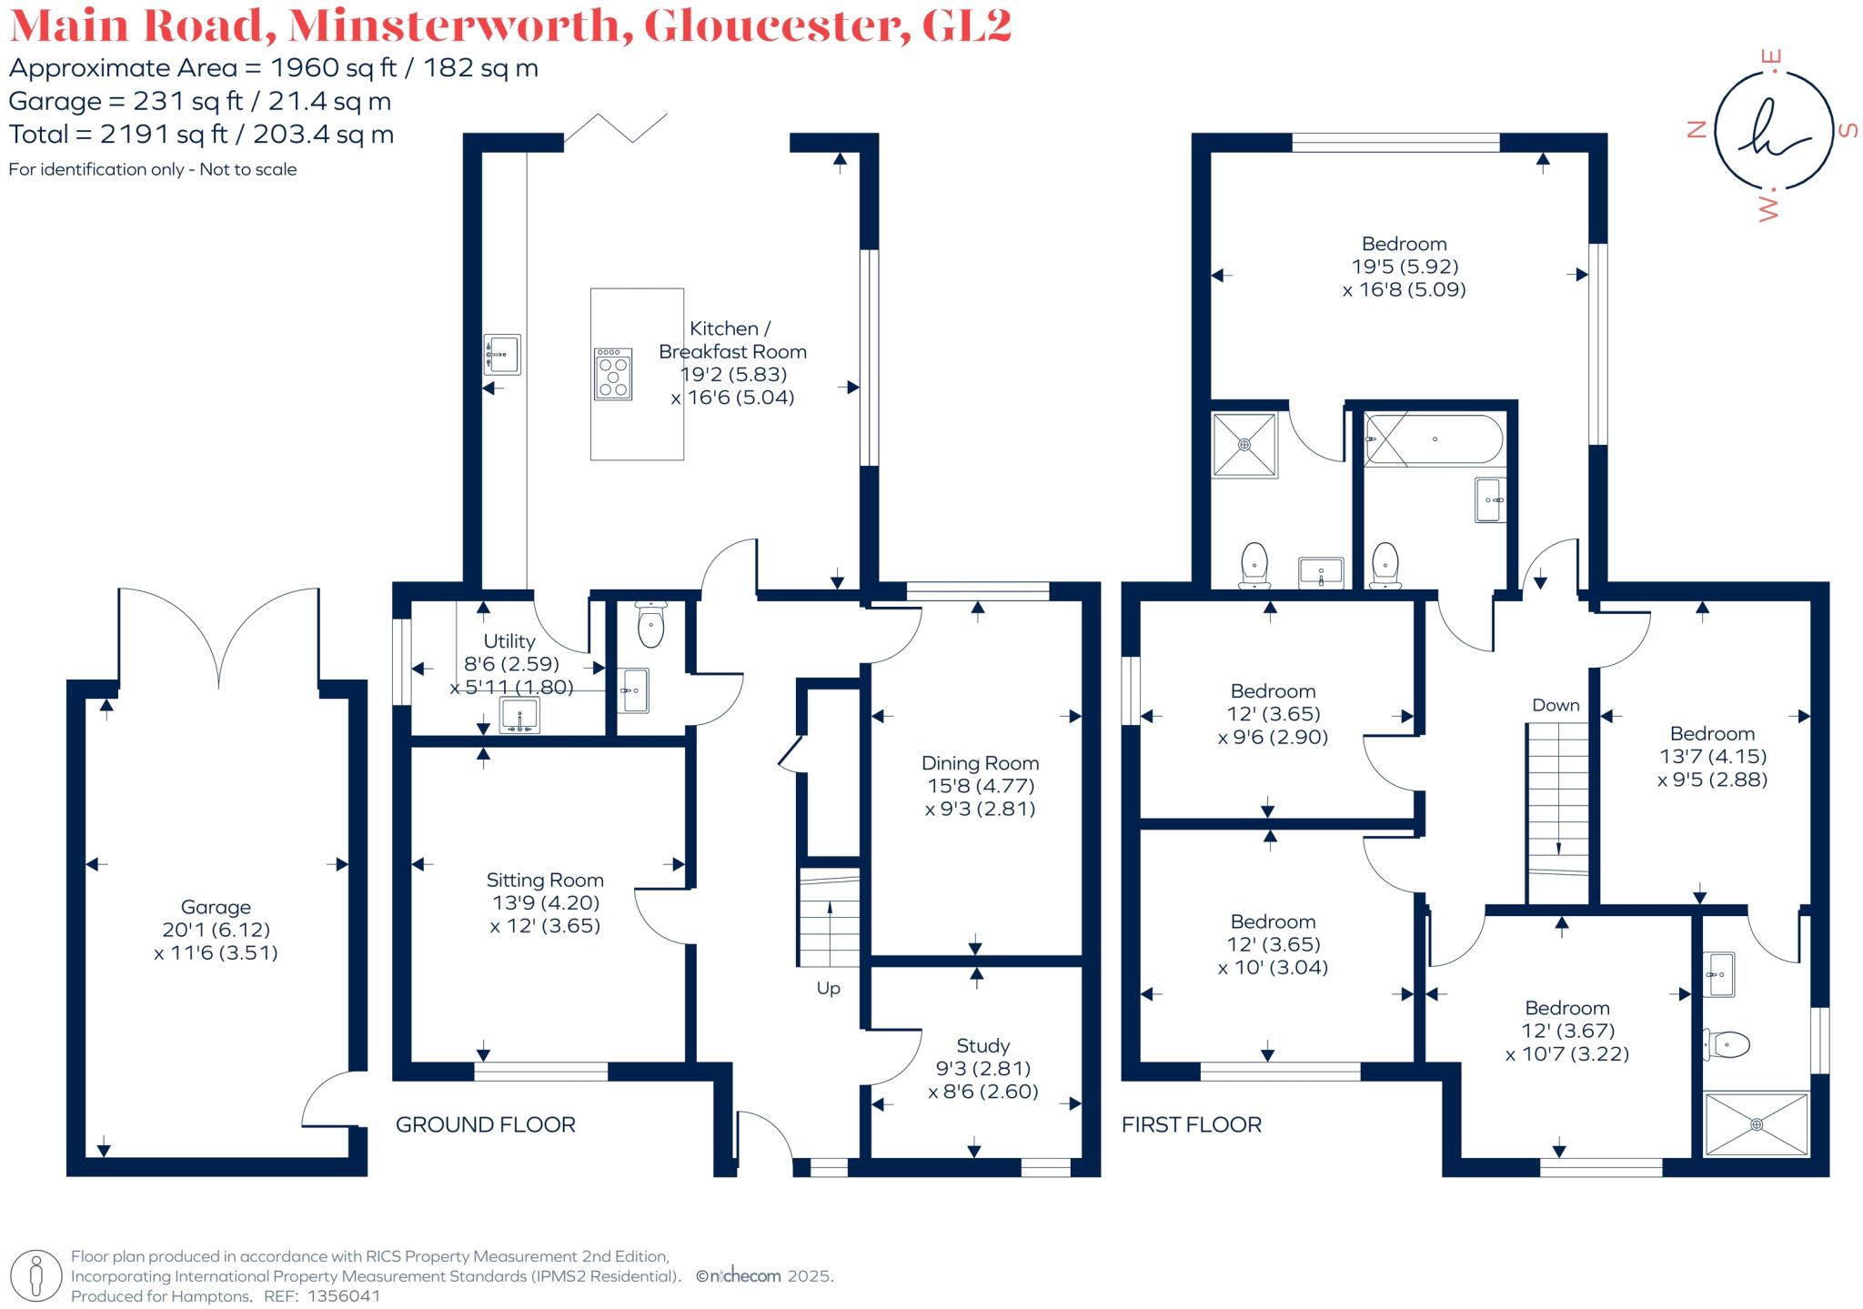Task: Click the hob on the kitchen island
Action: tap(613, 374)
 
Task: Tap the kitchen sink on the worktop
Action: tap(502, 355)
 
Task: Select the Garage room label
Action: tap(216, 907)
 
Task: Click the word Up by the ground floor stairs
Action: tap(828, 988)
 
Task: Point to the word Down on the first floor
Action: tap(1556, 705)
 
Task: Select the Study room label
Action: tap(982, 1045)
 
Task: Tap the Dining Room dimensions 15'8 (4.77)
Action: tap(980, 786)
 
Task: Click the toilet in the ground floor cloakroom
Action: tap(650, 624)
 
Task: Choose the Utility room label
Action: tap(509, 641)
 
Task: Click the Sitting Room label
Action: tap(545, 880)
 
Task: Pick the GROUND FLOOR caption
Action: tap(486, 1125)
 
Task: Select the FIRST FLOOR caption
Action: tap(1191, 1125)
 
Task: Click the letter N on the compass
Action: tap(1696, 130)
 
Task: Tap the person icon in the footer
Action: tap(37, 1275)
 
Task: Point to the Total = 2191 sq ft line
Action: tap(201, 135)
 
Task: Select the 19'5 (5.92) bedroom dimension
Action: tap(1405, 267)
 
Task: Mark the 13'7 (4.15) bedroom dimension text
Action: tap(1712, 756)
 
